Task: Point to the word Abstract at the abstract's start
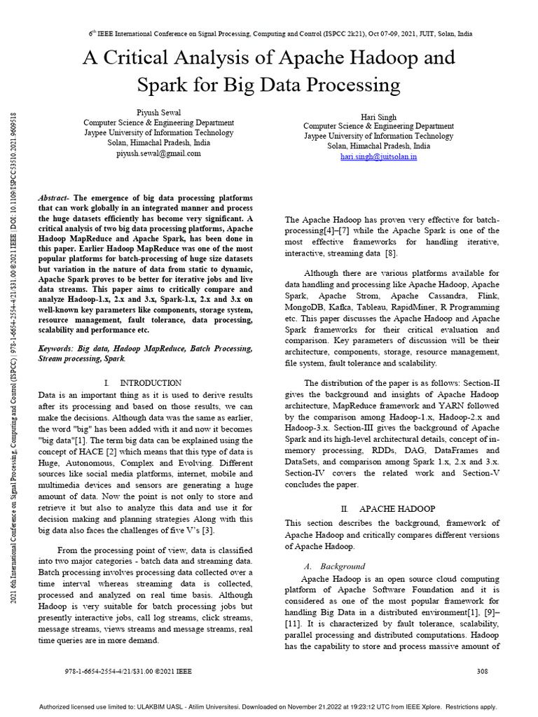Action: (55, 198)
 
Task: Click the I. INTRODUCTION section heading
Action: (142, 383)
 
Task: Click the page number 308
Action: (482, 671)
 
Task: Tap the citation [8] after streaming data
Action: (391, 253)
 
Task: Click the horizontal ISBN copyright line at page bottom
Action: (127, 671)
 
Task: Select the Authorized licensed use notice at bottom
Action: (268, 706)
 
